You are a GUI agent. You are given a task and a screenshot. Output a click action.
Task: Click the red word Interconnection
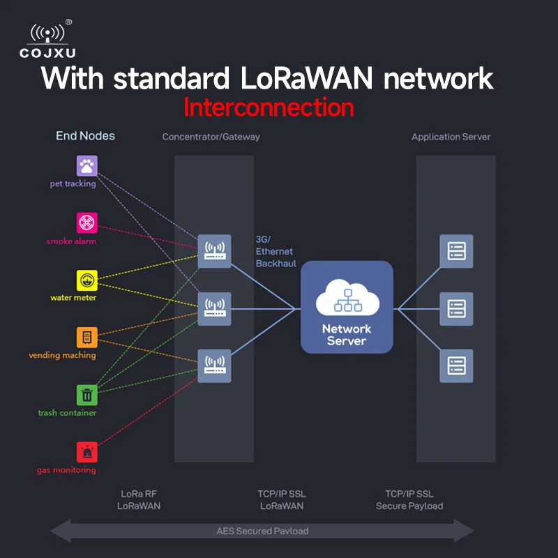[x=269, y=107]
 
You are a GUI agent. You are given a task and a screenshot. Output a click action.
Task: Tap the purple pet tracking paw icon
[x=86, y=166]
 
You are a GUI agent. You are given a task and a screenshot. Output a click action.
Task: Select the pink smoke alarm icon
[x=86, y=223]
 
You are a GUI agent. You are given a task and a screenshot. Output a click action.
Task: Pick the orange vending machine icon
[x=86, y=338]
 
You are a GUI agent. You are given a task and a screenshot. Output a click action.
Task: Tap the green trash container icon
[x=86, y=395]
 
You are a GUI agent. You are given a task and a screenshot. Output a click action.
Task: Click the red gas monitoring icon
[x=86, y=452]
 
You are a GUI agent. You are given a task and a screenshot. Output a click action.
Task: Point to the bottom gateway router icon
[x=214, y=365]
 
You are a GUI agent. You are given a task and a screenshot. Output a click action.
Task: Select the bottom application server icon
[x=456, y=365]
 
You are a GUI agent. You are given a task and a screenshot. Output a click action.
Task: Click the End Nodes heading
[x=85, y=136]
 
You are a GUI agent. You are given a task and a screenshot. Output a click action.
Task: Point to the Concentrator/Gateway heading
[x=211, y=137]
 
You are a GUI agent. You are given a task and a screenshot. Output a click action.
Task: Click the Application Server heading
[x=451, y=137]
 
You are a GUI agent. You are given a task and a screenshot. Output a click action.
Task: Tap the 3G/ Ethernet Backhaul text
[x=274, y=252]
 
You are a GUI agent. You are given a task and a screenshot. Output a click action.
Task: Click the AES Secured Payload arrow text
[x=262, y=531]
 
